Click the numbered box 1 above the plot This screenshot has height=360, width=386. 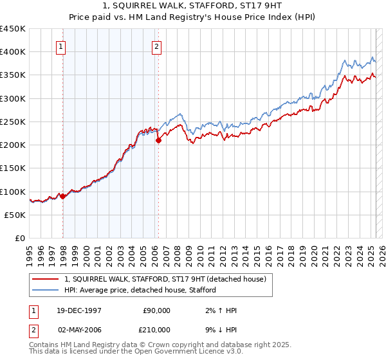point(60,46)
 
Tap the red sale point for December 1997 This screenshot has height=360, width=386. point(63,197)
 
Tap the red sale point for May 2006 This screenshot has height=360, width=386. point(158,141)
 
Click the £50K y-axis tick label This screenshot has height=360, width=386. point(15,215)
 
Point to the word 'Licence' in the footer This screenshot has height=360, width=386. point(175,352)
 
